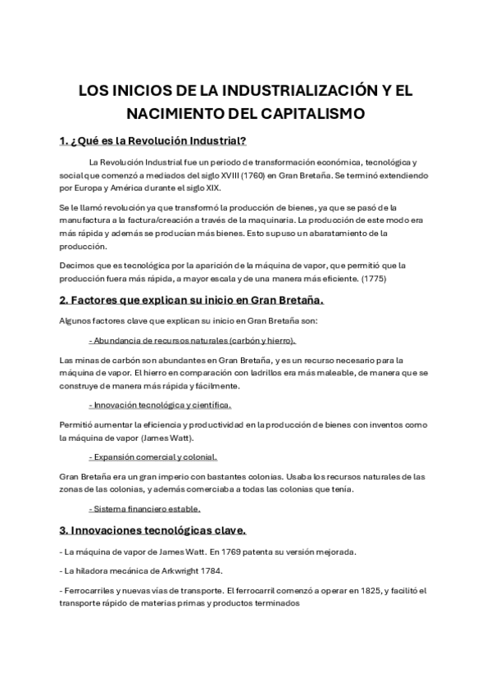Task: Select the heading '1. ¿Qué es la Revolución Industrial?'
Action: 153,140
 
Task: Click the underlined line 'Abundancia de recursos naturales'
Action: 192,340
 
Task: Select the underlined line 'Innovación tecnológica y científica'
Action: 160,405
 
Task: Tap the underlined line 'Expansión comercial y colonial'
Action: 152,457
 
